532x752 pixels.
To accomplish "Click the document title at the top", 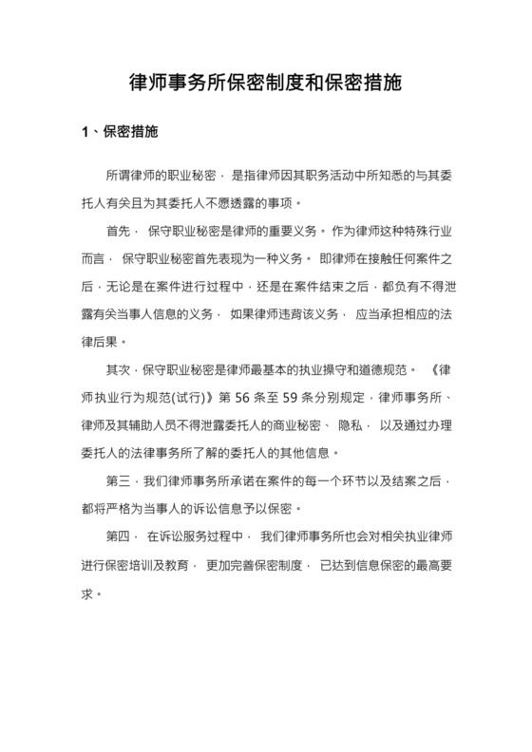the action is pyautogui.click(x=265, y=83).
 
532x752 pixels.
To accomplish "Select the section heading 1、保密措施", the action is pyautogui.click(x=119, y=132).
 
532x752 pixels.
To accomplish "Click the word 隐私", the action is pyautogui.click(x=348, y=423).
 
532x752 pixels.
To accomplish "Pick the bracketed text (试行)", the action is pyautogui.click(x=194, y=395).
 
